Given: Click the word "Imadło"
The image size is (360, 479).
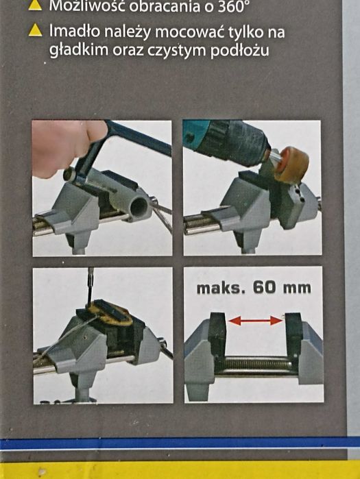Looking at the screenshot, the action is click(x=74, y=31).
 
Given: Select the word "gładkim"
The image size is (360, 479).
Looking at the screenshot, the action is click(x=79, y=51).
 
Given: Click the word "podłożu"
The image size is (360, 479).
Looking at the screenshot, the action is click(x=239, y=51).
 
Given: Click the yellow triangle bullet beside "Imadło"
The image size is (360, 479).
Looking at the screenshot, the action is click(x=35, y=31).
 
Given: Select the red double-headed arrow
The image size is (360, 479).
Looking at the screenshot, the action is click(x=256, y=321).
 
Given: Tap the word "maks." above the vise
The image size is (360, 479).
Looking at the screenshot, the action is click(x=221, y=288).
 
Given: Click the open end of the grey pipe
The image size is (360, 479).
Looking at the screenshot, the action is click(x=139, y=208).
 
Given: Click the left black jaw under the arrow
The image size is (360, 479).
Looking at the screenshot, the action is click(x=217, y=334).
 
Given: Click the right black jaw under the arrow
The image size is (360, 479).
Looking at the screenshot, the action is click(x=293, y=334).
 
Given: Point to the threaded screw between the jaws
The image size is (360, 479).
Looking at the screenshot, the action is click(x=256, y=363).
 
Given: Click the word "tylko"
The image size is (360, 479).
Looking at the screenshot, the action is click(x=245, y=32).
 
